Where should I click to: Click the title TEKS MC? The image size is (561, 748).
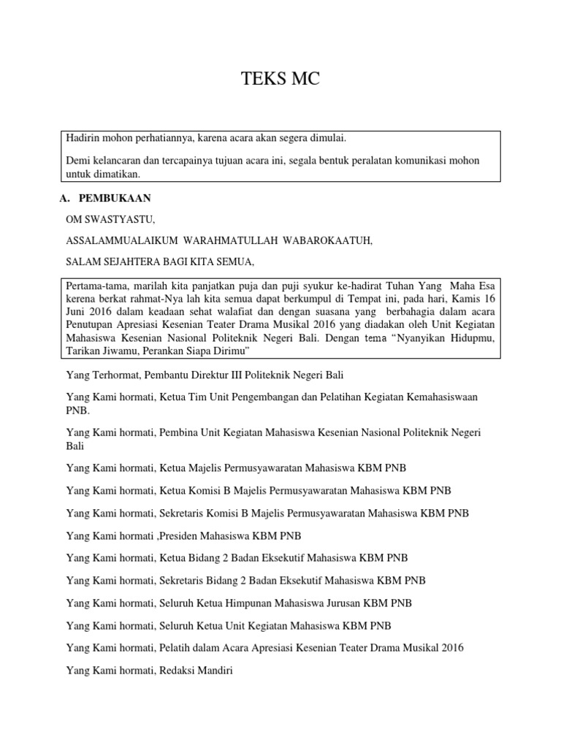tap(280, 80)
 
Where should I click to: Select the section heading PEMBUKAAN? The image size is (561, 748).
tap(116, 198)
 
